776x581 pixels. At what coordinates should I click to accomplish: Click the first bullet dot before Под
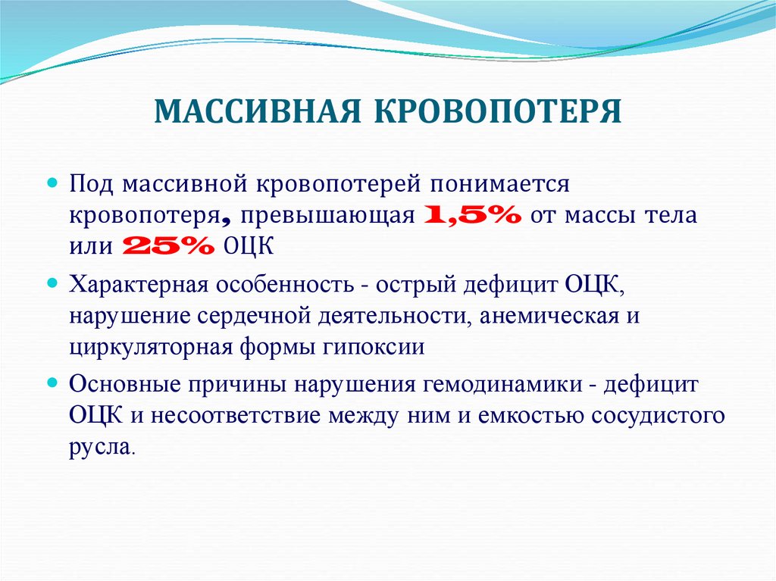pos(53,184)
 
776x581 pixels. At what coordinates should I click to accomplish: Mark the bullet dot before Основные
pos(53,383)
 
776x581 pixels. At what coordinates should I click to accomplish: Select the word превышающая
pos(329,216)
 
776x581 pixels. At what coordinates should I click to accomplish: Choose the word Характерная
pos(138,286)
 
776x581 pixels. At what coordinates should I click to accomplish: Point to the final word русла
pos(102,446)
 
